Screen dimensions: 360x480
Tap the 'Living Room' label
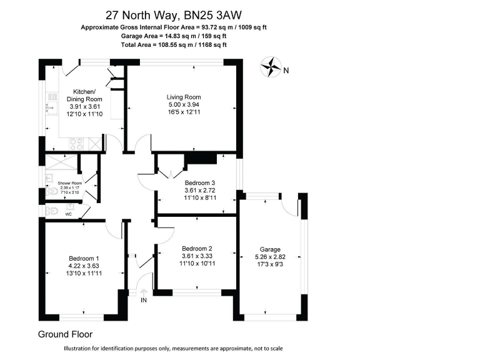click(x=183, y=97)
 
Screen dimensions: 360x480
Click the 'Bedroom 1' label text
click(x=84, y=259)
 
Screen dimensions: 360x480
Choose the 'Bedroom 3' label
click(x=200, y=183)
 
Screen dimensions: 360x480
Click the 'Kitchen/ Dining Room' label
click(x=84, y=95)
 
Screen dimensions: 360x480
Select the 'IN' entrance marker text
click(x=144, y=301)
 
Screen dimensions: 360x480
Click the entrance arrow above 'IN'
click(x=144, y=292)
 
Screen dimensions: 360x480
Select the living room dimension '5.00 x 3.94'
click(x=183, y=105)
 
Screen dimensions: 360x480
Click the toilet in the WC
click(x=52, y=211)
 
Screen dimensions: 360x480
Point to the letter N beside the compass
click(x=286, y=70)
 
